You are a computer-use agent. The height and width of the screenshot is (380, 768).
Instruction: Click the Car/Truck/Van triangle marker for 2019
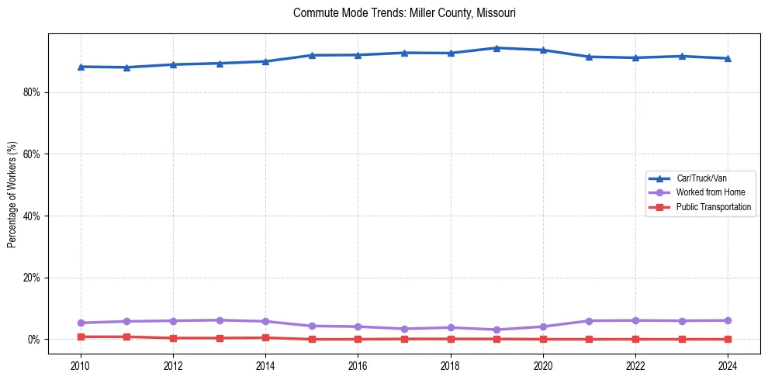496,48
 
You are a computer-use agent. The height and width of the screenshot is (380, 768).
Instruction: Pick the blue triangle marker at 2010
81,67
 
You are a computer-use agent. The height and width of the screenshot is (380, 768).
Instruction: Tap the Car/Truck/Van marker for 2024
728,58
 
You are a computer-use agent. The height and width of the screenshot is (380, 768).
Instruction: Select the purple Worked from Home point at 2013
220,320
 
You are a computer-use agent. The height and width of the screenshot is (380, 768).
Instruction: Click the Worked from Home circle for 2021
589,321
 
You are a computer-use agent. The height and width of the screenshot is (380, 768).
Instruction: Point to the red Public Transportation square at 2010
81,337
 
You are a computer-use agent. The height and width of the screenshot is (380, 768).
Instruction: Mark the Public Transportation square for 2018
451,339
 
